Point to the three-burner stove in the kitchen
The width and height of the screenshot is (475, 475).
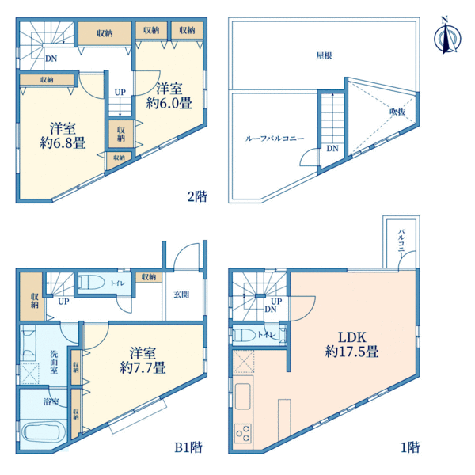[243, 432]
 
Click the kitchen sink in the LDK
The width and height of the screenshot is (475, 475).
[243, 397]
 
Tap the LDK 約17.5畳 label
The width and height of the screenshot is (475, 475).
[351, 344]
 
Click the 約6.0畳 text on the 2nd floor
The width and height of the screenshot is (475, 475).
[169, 103]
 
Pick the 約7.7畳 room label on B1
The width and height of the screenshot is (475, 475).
[142, 367]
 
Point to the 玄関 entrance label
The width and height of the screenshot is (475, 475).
[181, 294]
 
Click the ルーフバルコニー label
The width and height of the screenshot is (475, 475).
[275, 139]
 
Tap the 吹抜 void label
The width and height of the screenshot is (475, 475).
[397, 112]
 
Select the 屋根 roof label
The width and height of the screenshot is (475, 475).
[324, 55]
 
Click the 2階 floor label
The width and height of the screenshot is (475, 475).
[197, 196]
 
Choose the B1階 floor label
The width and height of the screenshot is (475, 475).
[188, 447]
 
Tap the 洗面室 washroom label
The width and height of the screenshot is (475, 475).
[54, 362]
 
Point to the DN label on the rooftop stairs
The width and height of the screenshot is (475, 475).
[332, 149]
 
